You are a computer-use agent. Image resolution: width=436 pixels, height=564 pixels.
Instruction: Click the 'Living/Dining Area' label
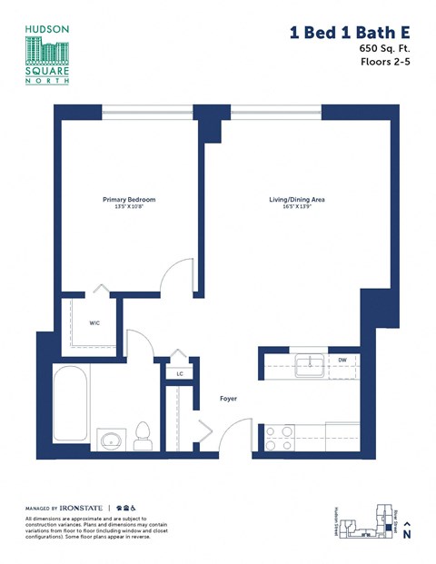(x=296, y=199)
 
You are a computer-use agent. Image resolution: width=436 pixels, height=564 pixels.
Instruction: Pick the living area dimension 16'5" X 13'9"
(x=296, y=207)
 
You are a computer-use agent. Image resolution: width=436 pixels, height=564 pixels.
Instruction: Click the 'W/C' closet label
(x=94, y=322)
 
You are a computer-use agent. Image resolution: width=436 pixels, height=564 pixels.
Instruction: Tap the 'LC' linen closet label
(x=180, y=372)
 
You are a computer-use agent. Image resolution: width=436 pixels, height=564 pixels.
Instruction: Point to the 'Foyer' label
(x=229, y=398)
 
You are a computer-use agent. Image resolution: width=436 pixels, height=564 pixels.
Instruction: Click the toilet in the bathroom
(x=142, y=435)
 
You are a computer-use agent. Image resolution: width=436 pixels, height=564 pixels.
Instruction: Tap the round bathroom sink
(x=110, y=441)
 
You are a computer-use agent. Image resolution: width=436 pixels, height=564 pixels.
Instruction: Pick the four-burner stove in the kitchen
(x=281, y=437)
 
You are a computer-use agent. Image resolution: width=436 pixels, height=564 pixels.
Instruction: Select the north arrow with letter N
(x=407, y=531)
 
